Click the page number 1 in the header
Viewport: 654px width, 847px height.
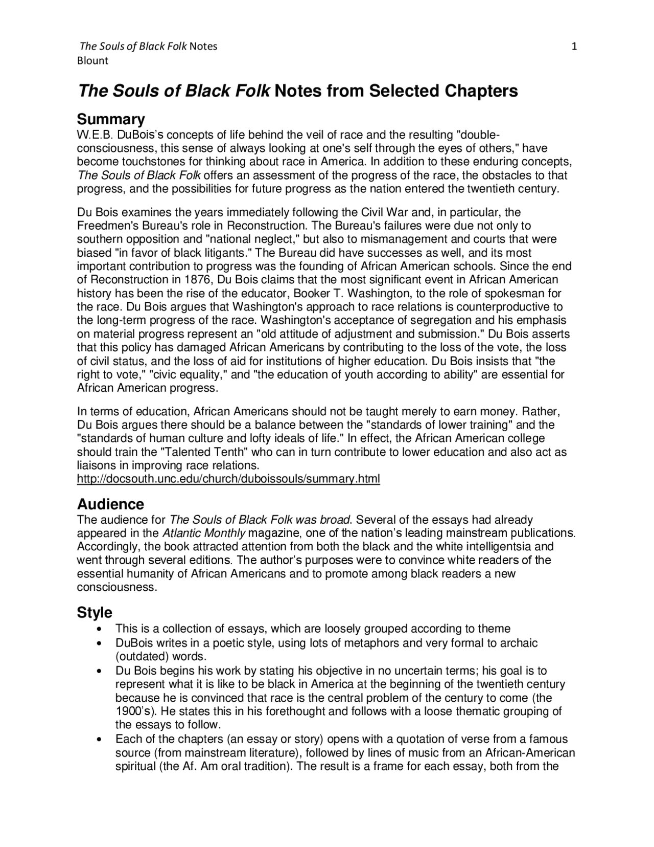[x=574, y=47]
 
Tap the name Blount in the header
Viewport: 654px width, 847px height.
[x=92, y=61]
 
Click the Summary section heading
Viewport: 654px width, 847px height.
[x=111, y=119]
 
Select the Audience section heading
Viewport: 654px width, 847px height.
[x=110, y=504]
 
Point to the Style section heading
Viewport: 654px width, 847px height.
[x=95, y=612]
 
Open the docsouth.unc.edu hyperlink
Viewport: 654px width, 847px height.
[x=228, y=479]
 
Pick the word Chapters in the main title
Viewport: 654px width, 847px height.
[x=481, y=91]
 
